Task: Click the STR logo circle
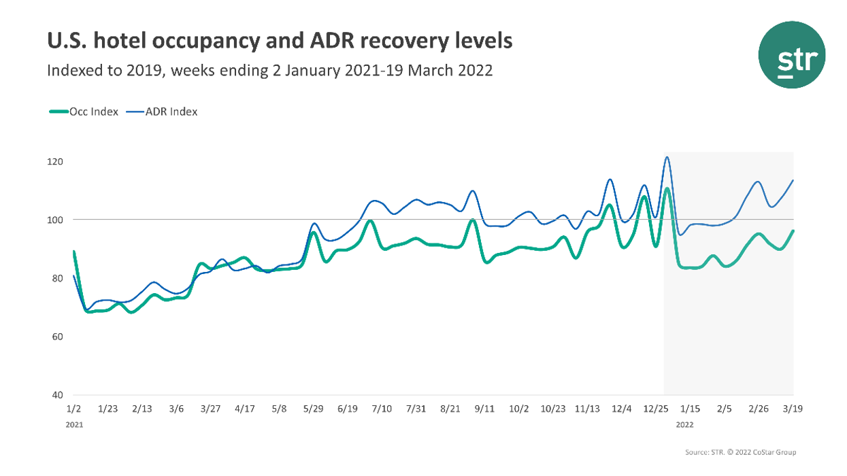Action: pyautogui.click(x=791, y=55)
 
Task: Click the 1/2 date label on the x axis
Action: pyautogui.click(x=73, y=409)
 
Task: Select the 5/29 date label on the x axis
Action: pyautogui.click(x=313, y=409)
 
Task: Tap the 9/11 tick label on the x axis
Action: pyautogui.click(x=484, y=409)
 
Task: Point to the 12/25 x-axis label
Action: pyautogui.click(x=656, y=409)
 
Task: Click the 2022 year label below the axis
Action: pyautogui.click(x=685, y=424)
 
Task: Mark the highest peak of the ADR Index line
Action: pyautogui.click(x=667, y=157)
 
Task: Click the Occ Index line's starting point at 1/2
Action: pyautogui.click(x=73, y=252)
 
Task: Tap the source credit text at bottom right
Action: pyautogui.click(x=741, y=452)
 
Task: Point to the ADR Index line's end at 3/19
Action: pyautogui.click(x=793, y=180)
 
